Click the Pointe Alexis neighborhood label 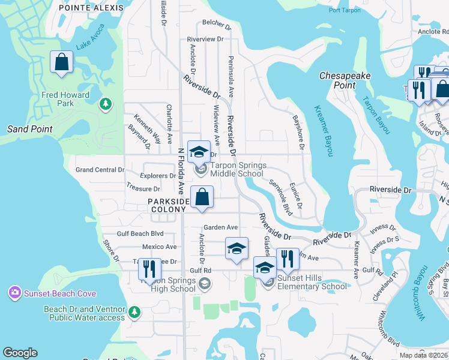pyautogui.click(x=91, y=8)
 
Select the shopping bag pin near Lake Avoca pyautogui.click(x=61, y=62)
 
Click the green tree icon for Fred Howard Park pyautogui.click(x=106, y=104)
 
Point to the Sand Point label pyautogui.click(x=30, y=129)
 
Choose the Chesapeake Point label pyautogui.click(x=345, y=80)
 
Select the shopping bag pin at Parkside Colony pyautogui.click(x=202, y=197)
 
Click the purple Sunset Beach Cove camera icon pyautogui.click(x=14, y=293)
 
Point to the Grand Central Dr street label pyautogui.click(x=100, y=170)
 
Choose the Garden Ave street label pyautogui.click(x=220, y=227)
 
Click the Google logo pyautogui.click(x=20, y=353)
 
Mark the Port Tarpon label pyautogui.click(x=345, y=11)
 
